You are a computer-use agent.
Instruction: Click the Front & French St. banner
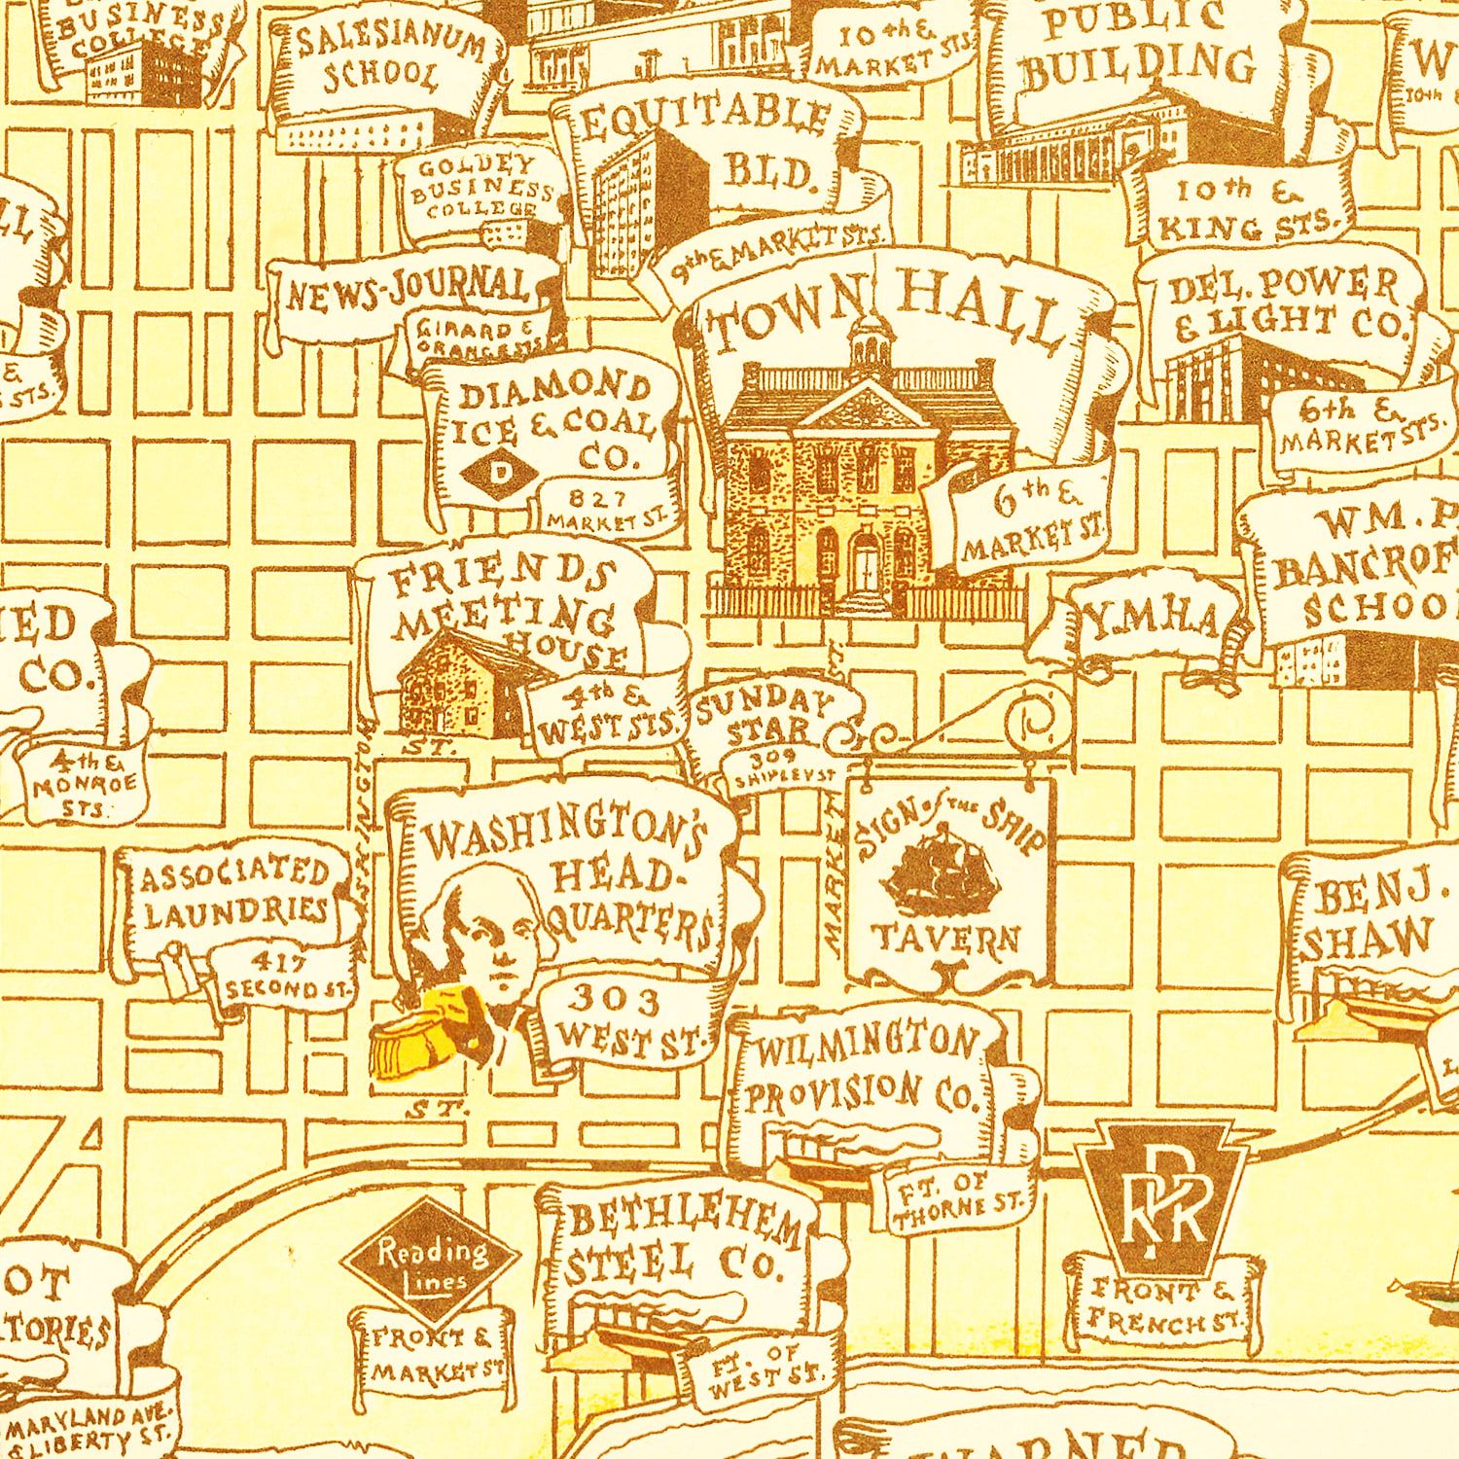click(1162, 1303)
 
